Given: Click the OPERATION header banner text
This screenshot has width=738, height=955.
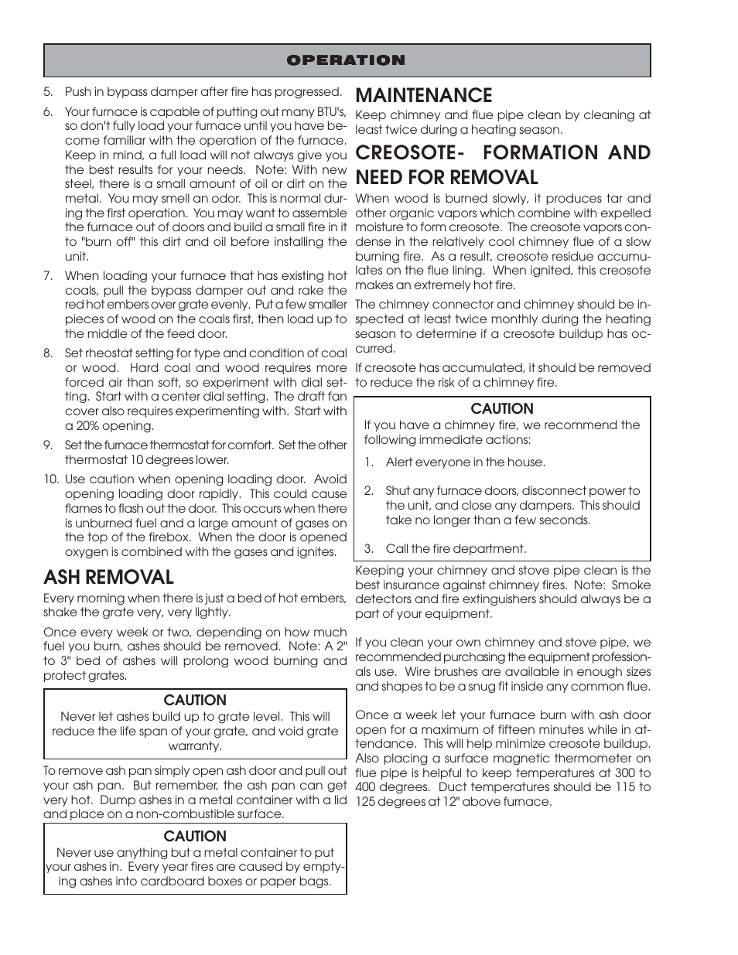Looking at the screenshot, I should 346,60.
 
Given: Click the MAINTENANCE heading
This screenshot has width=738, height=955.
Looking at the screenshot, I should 423,95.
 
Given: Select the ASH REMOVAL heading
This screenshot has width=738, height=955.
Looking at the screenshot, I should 108,577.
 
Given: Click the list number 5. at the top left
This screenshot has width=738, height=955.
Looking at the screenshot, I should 48,92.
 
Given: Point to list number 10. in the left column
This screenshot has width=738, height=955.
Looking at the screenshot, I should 50,479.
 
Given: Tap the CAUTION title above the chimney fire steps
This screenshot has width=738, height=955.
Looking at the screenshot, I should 502,409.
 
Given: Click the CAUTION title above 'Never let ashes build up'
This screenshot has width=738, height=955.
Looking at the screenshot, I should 195,701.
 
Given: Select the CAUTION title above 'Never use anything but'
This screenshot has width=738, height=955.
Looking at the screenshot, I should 195,837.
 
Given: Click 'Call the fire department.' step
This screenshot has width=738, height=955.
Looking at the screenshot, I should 456,549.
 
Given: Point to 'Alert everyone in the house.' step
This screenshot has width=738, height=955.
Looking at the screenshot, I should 465,462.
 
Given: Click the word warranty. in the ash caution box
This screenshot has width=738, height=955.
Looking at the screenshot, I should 195,746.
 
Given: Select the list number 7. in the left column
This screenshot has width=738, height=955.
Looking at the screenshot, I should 48,276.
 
